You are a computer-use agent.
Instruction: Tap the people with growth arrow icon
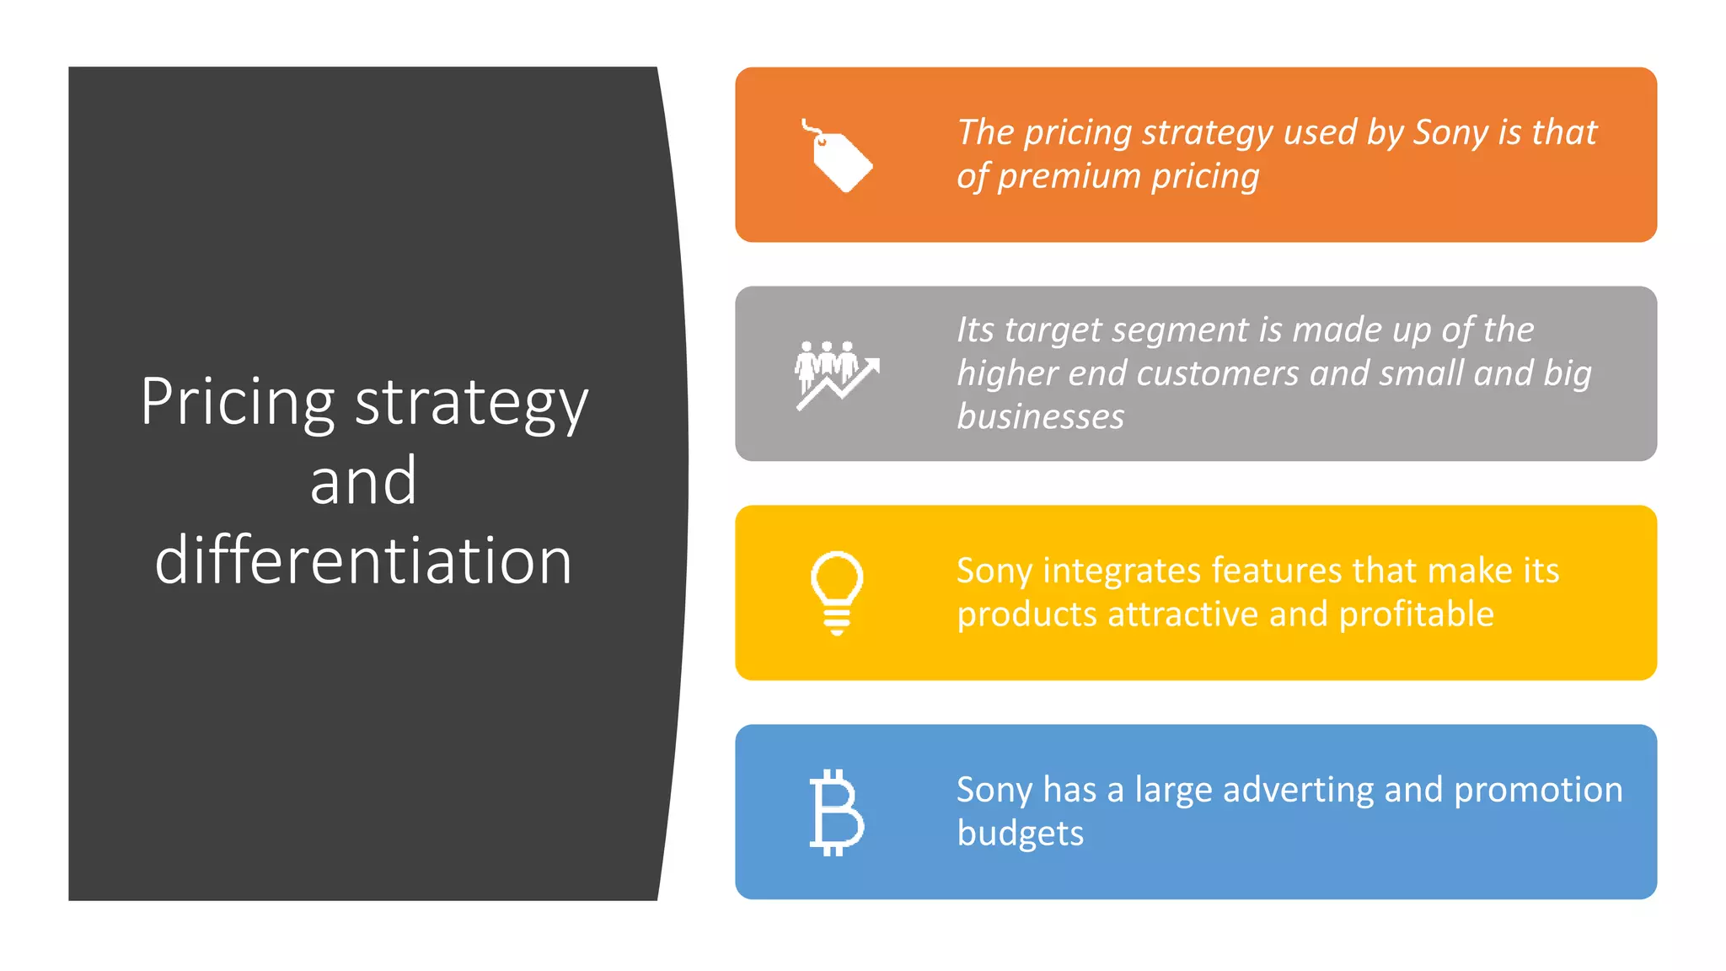click(x=836, y=374)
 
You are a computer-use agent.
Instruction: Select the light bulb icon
click(x=836, y=593)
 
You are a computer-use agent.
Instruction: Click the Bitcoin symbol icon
click(x=836, y=813)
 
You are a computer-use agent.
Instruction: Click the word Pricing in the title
click(x=237, y=403)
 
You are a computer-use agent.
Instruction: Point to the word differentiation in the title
click(x=363, y=561)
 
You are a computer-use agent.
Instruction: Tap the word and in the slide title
click(x=363, y=481)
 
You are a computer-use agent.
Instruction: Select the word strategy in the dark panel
click(x=471, y=405)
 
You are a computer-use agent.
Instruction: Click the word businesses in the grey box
click(x=1040, y=417)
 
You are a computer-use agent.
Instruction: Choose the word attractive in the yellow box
click(x=1183, y=614)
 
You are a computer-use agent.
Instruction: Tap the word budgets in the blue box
click(x=1020, y=834)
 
